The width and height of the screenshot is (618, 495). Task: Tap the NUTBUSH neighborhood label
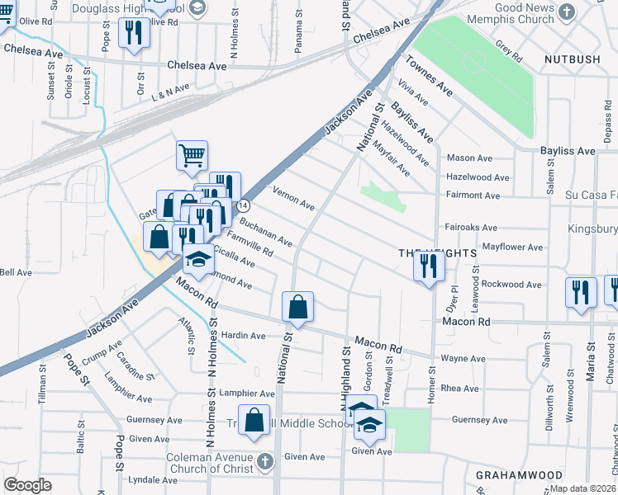tap(573, 59)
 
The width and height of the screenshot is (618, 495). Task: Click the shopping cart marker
tap(192, 154)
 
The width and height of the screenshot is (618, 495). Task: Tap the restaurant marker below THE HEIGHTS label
tap(428, 266)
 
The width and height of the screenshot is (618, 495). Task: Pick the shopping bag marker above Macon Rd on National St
tap(297, 308)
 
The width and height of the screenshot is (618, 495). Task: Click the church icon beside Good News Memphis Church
tap(566, 12)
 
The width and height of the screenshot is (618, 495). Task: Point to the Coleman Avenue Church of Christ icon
tap(264, 460)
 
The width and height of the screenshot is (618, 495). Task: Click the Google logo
tap(27, 484)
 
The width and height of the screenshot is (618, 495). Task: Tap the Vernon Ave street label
tap(293, 200)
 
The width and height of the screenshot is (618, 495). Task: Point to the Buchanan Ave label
tap(265, 232)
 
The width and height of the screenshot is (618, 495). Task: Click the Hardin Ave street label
tap(244, 336)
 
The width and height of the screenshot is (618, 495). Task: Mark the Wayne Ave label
tap(463, 359)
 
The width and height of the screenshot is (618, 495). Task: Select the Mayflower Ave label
tap(512, 247)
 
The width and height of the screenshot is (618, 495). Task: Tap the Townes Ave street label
tap(429, 76)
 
